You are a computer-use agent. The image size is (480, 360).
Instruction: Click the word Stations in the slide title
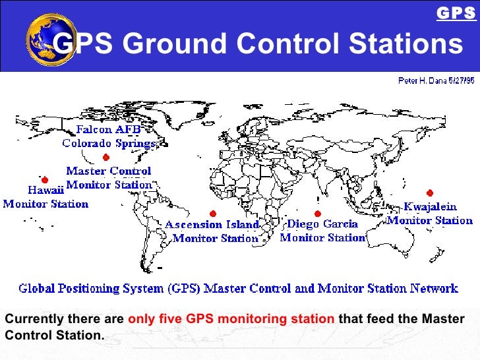point(405,44)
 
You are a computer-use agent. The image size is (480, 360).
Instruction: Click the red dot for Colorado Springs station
point(105,157)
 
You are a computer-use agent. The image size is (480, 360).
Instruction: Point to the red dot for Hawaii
point(45,179)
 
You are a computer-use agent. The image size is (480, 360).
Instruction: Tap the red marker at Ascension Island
point(212,213)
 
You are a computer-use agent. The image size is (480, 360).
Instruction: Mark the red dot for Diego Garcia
point(317,213)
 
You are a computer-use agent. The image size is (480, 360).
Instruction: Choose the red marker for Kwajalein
point(430,193)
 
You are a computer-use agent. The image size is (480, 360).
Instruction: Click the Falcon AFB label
point(109,129)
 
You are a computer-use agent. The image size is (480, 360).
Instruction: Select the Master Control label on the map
point(109,171)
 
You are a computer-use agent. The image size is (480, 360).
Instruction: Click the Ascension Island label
point(212,225)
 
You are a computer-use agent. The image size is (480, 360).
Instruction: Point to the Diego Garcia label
point(323,224)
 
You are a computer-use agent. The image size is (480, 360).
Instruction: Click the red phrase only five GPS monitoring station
point(231,320)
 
